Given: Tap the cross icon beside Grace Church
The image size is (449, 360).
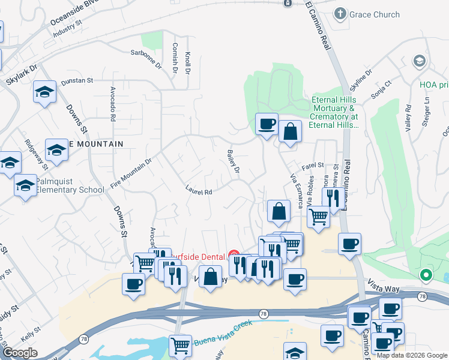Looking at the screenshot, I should [341, 13].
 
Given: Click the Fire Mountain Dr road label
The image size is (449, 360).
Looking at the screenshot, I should [131, 173].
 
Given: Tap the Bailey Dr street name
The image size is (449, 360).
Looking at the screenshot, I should [233, 162].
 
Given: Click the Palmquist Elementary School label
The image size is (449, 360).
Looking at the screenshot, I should [70, 185].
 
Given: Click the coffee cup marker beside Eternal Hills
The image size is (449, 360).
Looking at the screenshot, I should [267, 124].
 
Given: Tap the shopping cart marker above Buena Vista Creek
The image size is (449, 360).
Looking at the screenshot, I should [180, 345].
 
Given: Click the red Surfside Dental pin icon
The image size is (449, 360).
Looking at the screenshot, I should [234, 255].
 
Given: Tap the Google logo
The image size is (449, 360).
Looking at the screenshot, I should [20, 353].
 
